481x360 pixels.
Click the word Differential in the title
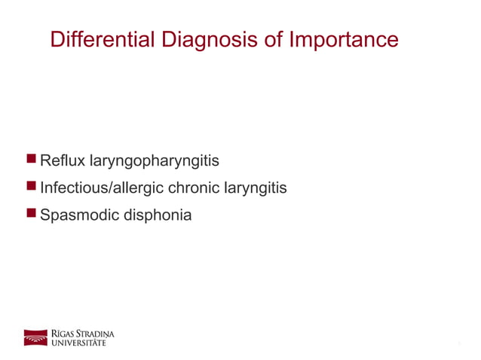click(102, 39)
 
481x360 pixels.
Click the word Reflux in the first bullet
click(63, 160)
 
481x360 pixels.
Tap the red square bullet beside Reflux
click(31, 159)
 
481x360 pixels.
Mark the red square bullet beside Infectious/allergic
click(31, 186)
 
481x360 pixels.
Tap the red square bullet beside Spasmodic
click(31, 213)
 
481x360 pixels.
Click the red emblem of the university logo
click(35, 337)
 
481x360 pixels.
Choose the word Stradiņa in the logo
click(96, 333)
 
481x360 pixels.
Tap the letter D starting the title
click(57, 39)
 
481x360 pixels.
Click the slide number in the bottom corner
click(458, 344)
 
